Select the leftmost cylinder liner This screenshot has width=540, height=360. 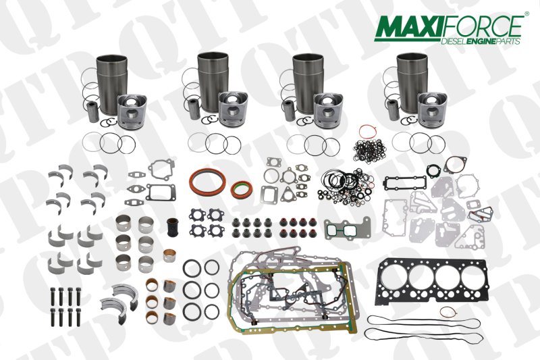111,80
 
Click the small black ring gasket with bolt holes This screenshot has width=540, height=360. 454,165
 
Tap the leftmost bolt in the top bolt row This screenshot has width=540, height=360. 53,295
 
